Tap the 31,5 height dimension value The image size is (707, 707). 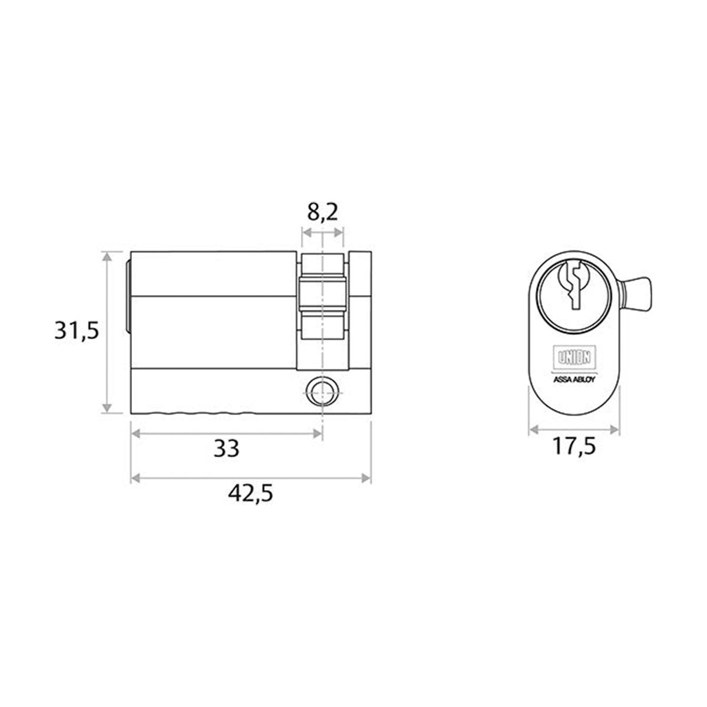point(75,331)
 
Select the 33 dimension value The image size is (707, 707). point(226,450)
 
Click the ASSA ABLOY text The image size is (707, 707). point(574,379)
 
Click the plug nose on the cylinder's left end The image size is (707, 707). point(128,295)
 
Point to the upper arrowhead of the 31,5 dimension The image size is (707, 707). point(107,256)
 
